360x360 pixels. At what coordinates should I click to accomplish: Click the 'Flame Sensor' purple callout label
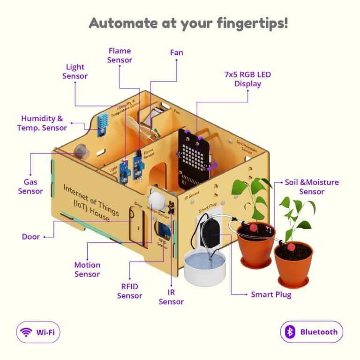[x=120, y=55]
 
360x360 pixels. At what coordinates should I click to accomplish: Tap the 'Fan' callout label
[x=176, y=53]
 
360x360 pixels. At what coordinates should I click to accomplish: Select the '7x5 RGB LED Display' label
[x=247, y=79]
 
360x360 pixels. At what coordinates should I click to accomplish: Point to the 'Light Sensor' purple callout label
[x=75, y=71]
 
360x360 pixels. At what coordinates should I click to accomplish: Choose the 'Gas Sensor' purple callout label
[x=30, y=186]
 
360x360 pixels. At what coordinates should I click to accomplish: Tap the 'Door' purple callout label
[x=30, y=237]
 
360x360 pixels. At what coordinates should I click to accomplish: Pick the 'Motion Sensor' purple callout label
[x=87, y=270]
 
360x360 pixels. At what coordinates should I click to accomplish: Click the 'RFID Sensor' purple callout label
[x=129, y=291]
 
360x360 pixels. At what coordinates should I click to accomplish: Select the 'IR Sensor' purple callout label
[x=171, y=297]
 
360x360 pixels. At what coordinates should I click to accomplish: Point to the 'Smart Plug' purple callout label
[x=271, y=294]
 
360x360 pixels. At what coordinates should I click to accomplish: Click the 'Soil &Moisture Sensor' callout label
[x=312, y=187]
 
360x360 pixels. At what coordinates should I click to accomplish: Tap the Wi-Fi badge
[x=38, y=332]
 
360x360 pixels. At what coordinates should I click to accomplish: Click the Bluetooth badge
[x=312, y=332]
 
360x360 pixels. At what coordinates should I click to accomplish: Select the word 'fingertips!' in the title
[x=252, y=23]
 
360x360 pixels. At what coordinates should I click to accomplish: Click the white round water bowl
[x=204, y=266]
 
